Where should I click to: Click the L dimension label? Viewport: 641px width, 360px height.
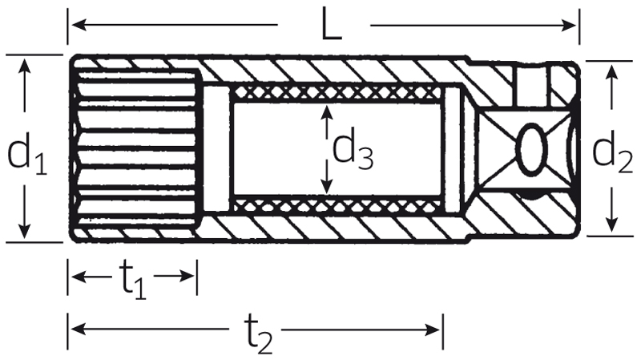(x=331, y=26)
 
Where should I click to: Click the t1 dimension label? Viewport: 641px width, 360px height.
(x=133, y=281)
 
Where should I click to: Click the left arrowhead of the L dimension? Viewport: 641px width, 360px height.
(x=79, y=25)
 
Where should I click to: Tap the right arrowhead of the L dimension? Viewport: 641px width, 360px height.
(x=569, y=26)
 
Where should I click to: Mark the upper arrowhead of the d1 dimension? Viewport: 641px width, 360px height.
(x=25, y=67)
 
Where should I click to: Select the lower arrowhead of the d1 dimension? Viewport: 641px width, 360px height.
(x=25, y=230)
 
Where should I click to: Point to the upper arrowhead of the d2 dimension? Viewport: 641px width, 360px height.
(x=611, y=72)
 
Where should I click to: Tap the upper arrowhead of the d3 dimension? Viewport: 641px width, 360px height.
(x=326, y=111)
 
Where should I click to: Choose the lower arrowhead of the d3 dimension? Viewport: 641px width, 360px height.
(x=326, y=186)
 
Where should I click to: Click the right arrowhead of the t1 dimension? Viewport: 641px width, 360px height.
(x=187, y=277)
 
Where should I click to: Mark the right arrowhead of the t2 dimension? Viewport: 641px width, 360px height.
(x=433, y=329)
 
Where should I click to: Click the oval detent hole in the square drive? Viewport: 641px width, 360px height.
(x=532, y=150)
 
